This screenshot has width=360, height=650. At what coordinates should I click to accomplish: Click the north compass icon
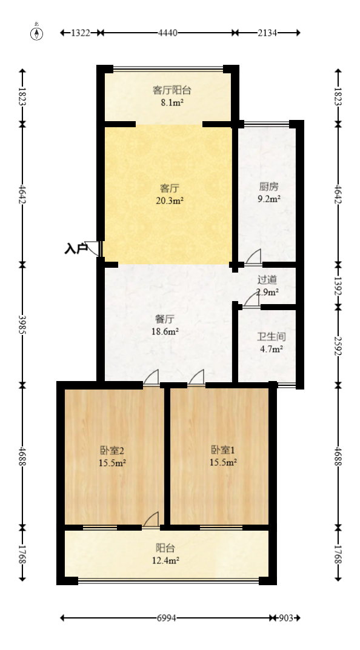click(x=37, y=33)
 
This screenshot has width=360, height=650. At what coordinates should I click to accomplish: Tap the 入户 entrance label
click(x=76, y=248)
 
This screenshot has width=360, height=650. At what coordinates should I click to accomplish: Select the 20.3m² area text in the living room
click(x=169, y=201)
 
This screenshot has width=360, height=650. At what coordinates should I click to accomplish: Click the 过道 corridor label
click(x=267, y=280)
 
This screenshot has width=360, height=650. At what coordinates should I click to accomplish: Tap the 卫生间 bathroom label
click(x=271, y=336)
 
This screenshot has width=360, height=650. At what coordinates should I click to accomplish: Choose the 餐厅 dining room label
click(x=165, y=319)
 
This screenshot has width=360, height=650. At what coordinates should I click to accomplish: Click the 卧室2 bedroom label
click(x=112, y=450)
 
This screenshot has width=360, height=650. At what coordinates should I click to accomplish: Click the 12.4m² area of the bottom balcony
click(x=165, y=561)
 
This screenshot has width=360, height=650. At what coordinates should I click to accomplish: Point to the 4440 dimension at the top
click(x=168, y=33)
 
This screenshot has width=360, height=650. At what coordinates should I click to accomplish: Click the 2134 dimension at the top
click(x=267, y=33)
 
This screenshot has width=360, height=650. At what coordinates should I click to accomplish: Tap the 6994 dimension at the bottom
click(x=167, y=618)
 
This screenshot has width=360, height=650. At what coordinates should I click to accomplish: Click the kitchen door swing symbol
click(x=254, y=257)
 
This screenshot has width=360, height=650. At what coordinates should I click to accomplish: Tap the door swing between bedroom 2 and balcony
click(x=151, y=520)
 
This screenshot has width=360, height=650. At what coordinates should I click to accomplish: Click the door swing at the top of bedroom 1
click(x=196, y=377)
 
